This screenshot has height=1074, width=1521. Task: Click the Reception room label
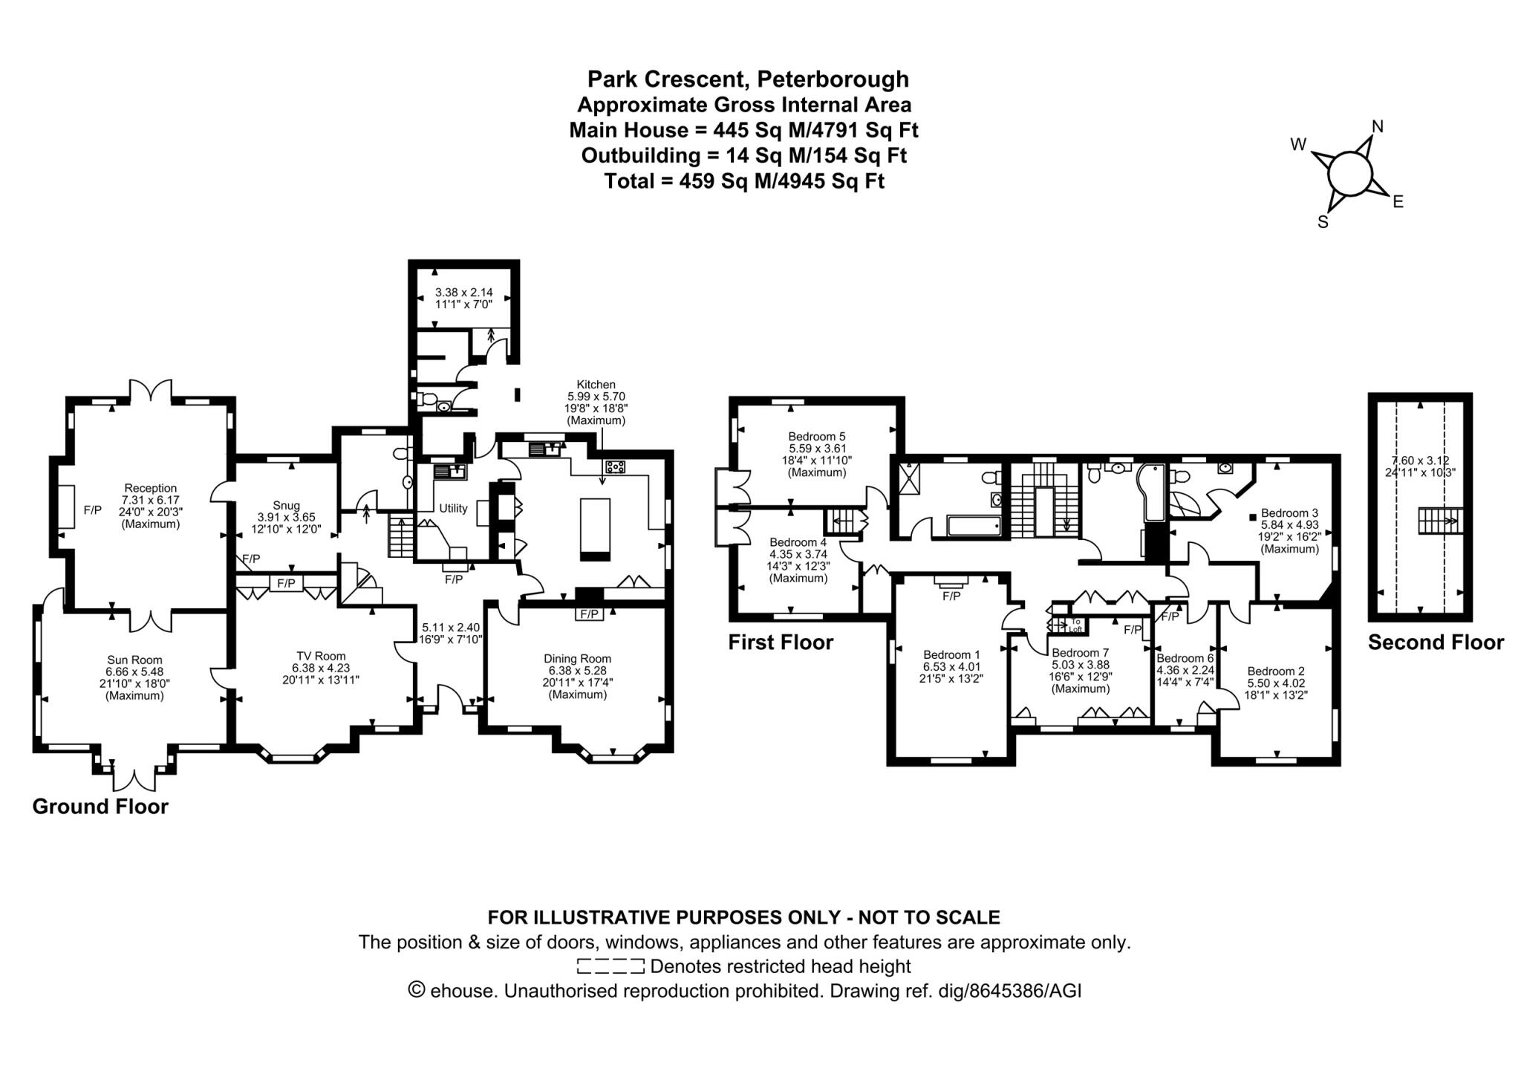pyautogui.click(x=151, y=488)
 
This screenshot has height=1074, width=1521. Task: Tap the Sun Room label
pyautogui.click(x=134, y=660)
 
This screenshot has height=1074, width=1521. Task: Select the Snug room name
pyautogui.click(x=286, y=506)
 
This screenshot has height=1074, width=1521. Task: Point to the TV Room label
pyautogui.click(x=321, y=656)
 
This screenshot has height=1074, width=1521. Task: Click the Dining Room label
pyautogui.click(x=577, y=658)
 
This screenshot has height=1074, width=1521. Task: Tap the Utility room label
pyautogui.click(x=453, y=508)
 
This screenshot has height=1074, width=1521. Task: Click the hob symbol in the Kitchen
pyautogui.click(x=616, y=466)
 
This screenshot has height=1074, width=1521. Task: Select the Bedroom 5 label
pyautogui.click(x=817, y=437)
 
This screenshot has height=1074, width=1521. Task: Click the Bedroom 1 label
pyautogui.click(x=951, y=654)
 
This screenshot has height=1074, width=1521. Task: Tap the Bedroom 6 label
pyautogui.click(x=1185, y=658)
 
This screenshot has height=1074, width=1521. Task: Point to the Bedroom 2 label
pyautogui.click(x=1275, y=671)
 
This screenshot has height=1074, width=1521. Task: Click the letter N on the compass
pyautogui.click(x=1378, y=127)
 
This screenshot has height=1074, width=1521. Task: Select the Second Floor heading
pyautogui.click(x=1436, y=642)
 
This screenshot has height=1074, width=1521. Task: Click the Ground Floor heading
pyautogui.click(x=100, y=807)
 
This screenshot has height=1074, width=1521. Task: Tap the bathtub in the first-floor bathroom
pyautogui.click(x=974, y=528)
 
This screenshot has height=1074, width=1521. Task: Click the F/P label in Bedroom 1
pyautogui.click(x=951, y=596)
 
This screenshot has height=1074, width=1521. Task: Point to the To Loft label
pyautogui.click(x=1075, y=625)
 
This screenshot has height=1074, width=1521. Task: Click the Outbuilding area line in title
pyautogui.click(x=743, y=155)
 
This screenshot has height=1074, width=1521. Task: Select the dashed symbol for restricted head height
pyautogui.click(x=610, y=966)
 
